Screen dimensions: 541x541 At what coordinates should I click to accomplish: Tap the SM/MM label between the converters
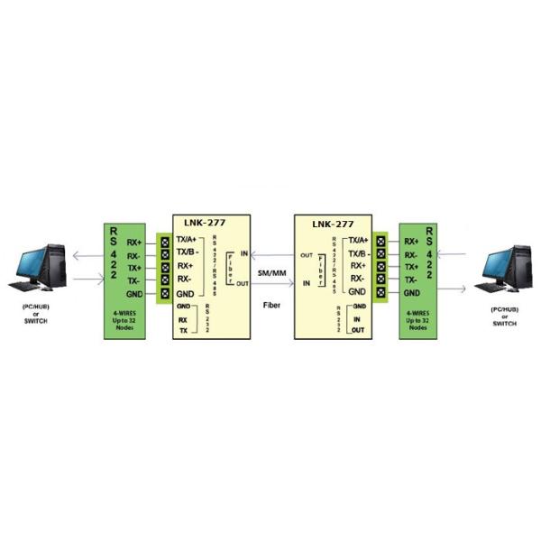click(x=271, y=271)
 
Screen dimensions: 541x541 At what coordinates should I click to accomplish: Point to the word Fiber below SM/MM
click(x=271, y=305)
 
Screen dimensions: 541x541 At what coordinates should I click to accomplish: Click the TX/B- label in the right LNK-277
click(x=358, y=253)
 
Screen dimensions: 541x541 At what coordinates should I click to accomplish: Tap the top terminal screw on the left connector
click(x=164, y=242)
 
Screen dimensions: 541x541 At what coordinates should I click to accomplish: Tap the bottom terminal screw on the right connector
click(x=382, y=292)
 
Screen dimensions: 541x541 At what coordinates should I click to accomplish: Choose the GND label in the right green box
click(x=413, y=293)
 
